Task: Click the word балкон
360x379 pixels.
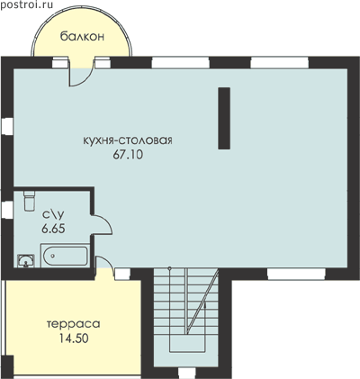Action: [x=82, y=37]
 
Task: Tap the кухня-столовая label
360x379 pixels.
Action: [x=128, y=140]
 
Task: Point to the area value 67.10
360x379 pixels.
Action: [x=128, y=155]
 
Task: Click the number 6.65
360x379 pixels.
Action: [x=53, y=229]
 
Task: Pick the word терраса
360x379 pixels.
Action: [x=74, y=324]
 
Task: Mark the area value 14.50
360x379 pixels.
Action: [x=74, y=338]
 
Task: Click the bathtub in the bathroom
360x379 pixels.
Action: [x=65, y=256]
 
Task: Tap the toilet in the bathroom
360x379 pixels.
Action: [x=29, y=200]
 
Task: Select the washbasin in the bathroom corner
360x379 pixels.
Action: [x=26, y=260]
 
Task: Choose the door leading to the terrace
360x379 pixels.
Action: [x=105, y=264]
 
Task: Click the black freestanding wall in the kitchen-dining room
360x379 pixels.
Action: [x=224, y=118]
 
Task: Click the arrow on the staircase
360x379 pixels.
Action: [x=205, y=306]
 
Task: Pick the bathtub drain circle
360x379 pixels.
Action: [x=53, y=256]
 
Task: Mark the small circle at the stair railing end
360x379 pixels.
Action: [x=169, y=268]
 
